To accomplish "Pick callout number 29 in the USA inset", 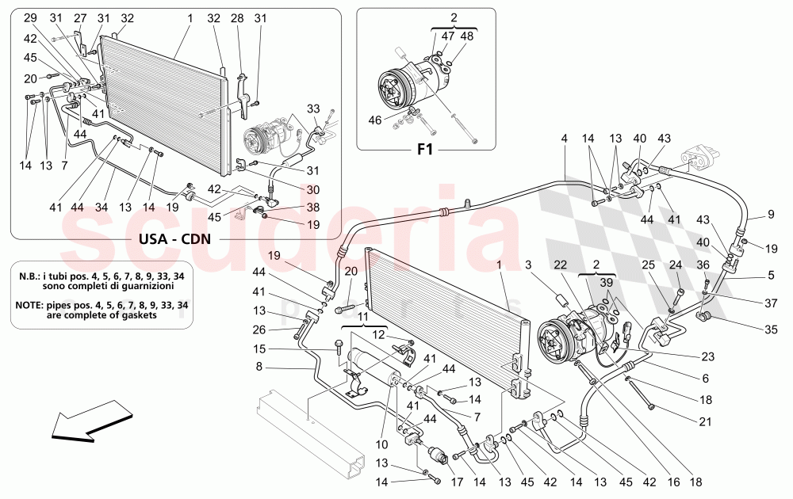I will coord(29,17).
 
